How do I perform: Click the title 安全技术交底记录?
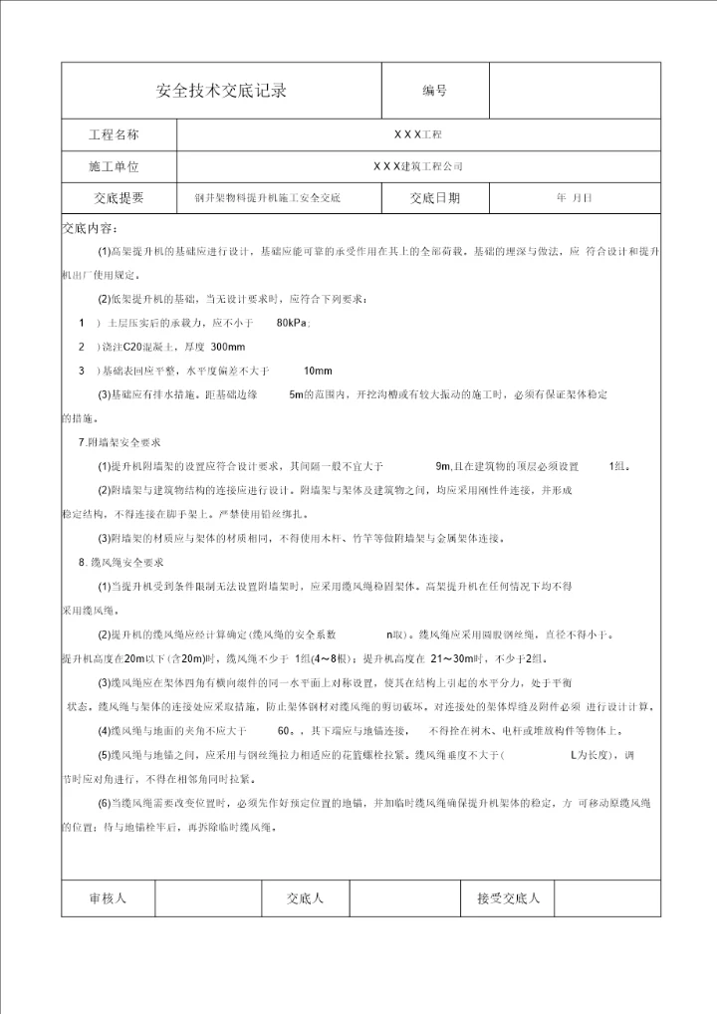[222, 91]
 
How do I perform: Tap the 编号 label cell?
[435, 91]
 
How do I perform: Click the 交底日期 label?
[435, 198]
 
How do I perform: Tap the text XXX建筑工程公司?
[417, 166]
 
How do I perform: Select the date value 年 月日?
[575, 198]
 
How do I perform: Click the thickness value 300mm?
[228, 347]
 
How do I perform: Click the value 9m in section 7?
[444, 466]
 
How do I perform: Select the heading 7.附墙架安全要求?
[120, 442]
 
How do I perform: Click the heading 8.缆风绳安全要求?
[120, 563]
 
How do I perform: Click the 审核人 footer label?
[108, 898]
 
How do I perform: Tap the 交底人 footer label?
[305, 898]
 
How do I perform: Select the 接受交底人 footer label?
[508, 898]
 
